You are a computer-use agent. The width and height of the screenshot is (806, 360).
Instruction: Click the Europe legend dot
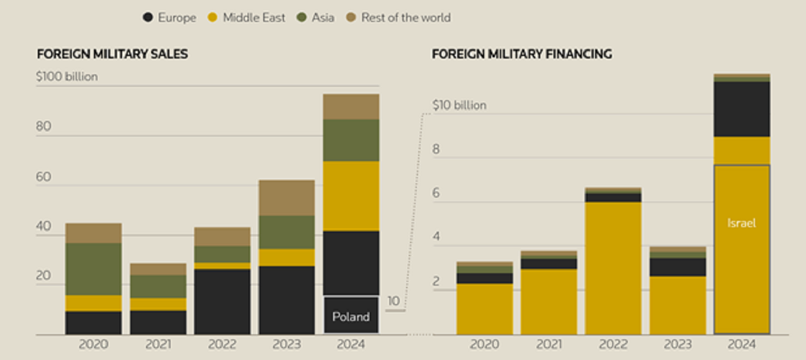pos(149,18)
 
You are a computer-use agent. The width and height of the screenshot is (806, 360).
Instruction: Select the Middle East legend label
pos(254,18)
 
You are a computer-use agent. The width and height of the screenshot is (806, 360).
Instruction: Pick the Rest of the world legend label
pos(406,18)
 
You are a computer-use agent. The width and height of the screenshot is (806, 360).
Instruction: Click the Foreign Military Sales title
pos(112,54)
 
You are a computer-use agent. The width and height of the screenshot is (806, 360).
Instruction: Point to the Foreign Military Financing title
pos(521,54)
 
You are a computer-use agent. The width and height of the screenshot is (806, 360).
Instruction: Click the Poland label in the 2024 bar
pos(351,317)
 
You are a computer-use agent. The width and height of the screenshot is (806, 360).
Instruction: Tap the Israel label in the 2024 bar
pos(741,223)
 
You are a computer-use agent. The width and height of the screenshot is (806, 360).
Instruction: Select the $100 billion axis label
pos(67,77)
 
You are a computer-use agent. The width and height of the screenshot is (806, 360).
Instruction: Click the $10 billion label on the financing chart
pos(459,105)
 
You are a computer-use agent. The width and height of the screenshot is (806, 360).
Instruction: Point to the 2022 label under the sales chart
pos(222,345)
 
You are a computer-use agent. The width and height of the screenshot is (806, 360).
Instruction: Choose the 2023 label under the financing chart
pos(677,345)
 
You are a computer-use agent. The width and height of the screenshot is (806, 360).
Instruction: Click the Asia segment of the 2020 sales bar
pos(94,269)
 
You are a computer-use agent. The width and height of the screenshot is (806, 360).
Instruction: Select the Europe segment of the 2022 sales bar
pos(222,301)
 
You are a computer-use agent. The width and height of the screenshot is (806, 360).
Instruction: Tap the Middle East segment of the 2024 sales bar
pos(351,196)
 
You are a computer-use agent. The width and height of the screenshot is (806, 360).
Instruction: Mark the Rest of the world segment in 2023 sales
pos(287,198)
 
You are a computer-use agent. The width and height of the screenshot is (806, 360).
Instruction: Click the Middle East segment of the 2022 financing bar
pos(613,268)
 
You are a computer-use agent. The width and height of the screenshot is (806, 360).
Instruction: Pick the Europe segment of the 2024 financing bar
pos(741,109)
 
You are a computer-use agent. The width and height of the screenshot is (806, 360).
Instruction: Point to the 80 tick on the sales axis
pos(43,127)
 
